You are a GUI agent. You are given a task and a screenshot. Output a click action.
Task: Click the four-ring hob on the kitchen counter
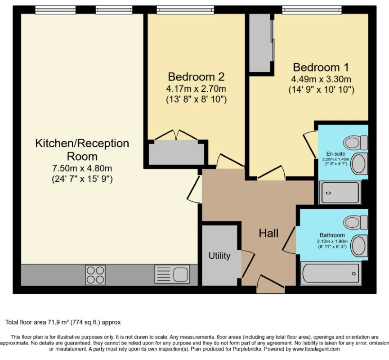point(95,275)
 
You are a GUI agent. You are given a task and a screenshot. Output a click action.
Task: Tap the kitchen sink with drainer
point(172,274)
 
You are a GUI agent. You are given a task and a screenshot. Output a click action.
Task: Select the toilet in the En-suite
point(355,143)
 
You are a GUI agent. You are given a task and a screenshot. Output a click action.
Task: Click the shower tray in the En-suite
point(340,193)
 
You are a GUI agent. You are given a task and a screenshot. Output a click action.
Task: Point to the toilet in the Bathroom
point(356,222)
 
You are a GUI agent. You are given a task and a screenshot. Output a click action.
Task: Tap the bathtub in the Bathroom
point(330,273)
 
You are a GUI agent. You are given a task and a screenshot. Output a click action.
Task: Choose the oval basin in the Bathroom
point(360,246)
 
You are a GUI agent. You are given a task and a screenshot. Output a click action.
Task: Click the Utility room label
point(219,256)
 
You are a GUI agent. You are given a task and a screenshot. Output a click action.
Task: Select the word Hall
point(268,233)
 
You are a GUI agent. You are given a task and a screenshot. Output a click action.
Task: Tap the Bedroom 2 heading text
point(196,76)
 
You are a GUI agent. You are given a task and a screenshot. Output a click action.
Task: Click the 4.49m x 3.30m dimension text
point(321,79)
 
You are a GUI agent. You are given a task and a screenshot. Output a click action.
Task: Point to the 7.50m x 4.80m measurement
point(82,168)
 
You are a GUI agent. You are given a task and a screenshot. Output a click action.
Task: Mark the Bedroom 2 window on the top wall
point(185,10)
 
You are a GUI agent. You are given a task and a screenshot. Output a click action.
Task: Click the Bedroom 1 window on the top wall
point(312,10)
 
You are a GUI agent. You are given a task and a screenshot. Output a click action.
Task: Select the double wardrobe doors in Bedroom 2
point(176,135)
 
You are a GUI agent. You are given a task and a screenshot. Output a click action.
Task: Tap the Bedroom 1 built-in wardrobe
point(260,43)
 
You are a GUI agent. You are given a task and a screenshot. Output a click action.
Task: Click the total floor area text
point(63,322)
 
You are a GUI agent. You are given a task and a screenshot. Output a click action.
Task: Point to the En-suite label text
point(335,153)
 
